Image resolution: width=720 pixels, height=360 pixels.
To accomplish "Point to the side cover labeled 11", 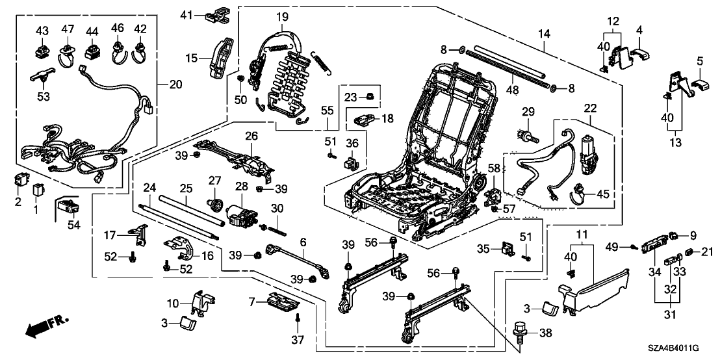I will pyautogui.click(x=598, y=281).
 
